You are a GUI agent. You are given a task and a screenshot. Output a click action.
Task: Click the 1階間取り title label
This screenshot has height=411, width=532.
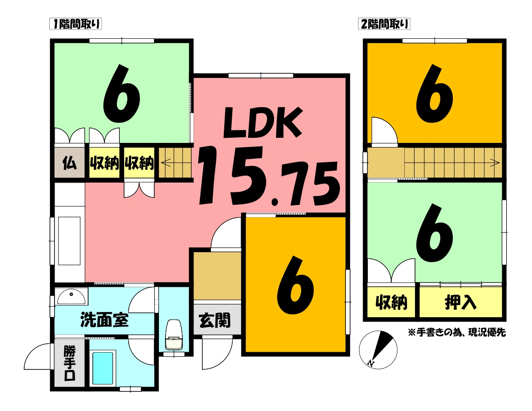[x=76, y=24]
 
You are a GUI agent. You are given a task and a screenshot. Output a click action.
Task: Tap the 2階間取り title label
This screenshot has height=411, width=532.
[x=384, y=24]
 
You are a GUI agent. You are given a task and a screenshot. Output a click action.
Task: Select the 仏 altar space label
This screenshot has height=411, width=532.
[x=69, y=163]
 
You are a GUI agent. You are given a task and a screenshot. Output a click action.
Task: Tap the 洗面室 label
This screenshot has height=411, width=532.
[x=104, y=320]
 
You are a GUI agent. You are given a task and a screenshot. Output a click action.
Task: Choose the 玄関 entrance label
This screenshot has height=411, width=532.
[x=215, y=320]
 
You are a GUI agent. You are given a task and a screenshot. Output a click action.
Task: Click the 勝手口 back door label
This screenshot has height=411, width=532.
[x=69, y=363]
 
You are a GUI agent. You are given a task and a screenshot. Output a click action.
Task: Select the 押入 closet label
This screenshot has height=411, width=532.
[x=460, y=302]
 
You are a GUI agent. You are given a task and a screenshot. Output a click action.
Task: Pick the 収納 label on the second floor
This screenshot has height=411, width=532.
[x=391, y=302]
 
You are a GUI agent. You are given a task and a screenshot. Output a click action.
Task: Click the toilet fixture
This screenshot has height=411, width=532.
[x=174, y=335]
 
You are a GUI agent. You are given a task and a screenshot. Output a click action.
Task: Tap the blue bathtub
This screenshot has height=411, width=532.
[x=103, y=368]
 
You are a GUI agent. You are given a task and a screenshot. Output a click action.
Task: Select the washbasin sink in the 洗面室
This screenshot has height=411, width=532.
[x=71, y=297]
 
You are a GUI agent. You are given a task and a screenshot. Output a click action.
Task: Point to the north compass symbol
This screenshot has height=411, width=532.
[x=378, y=349]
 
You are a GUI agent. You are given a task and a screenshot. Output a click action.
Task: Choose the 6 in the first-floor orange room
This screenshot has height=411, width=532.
[x=295, y=285]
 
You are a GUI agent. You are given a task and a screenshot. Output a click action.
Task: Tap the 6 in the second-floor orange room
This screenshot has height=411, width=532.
[x=435, y=93]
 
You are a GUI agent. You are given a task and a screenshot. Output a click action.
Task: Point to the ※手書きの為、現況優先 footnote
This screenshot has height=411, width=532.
[x=457, y=332]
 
